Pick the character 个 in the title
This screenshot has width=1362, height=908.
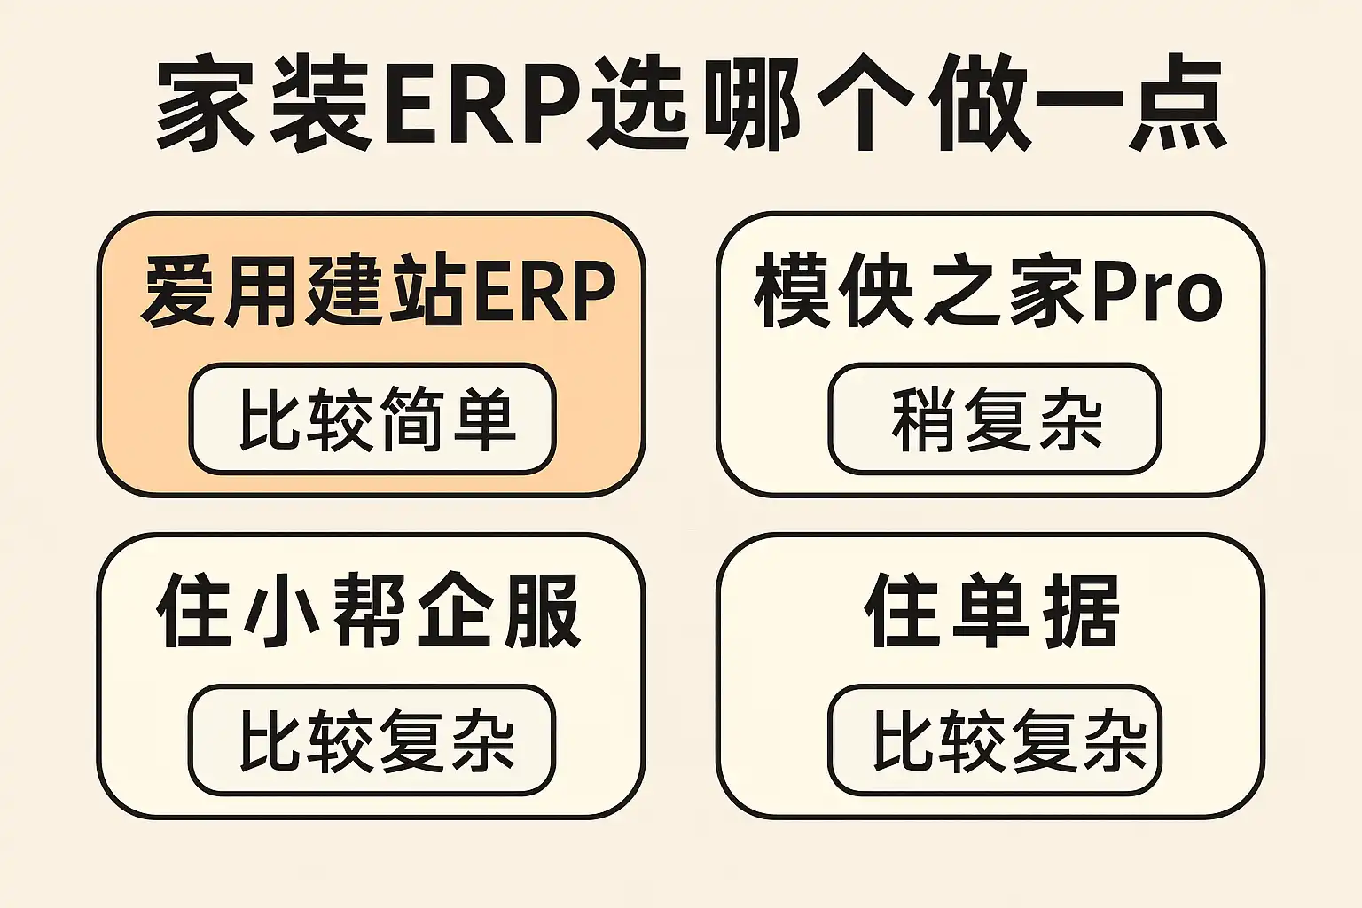(865, 105)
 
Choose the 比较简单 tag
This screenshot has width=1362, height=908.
(372, 419)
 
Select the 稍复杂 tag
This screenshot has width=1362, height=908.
(995, 419)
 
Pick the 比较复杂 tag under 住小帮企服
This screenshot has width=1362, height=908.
(372, 740)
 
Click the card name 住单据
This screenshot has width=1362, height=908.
(992, 612)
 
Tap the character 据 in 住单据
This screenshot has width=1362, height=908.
(1079, 612)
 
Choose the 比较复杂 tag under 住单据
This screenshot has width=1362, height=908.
(995, 740)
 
